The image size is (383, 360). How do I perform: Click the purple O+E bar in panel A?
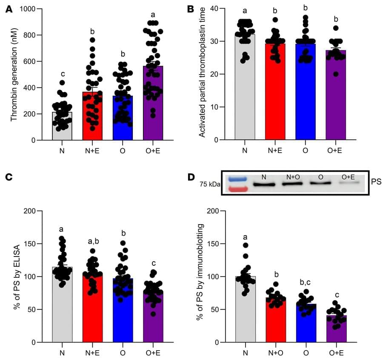tap(153, 107)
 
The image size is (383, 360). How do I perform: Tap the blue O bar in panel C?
tap(123, 311)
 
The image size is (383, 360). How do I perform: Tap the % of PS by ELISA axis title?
tap(17, 277)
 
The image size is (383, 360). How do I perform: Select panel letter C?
tap(9, 177)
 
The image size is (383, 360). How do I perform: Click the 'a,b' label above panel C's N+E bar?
tap(92, 242)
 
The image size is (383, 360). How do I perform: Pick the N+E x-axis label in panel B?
tap(275, 150)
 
